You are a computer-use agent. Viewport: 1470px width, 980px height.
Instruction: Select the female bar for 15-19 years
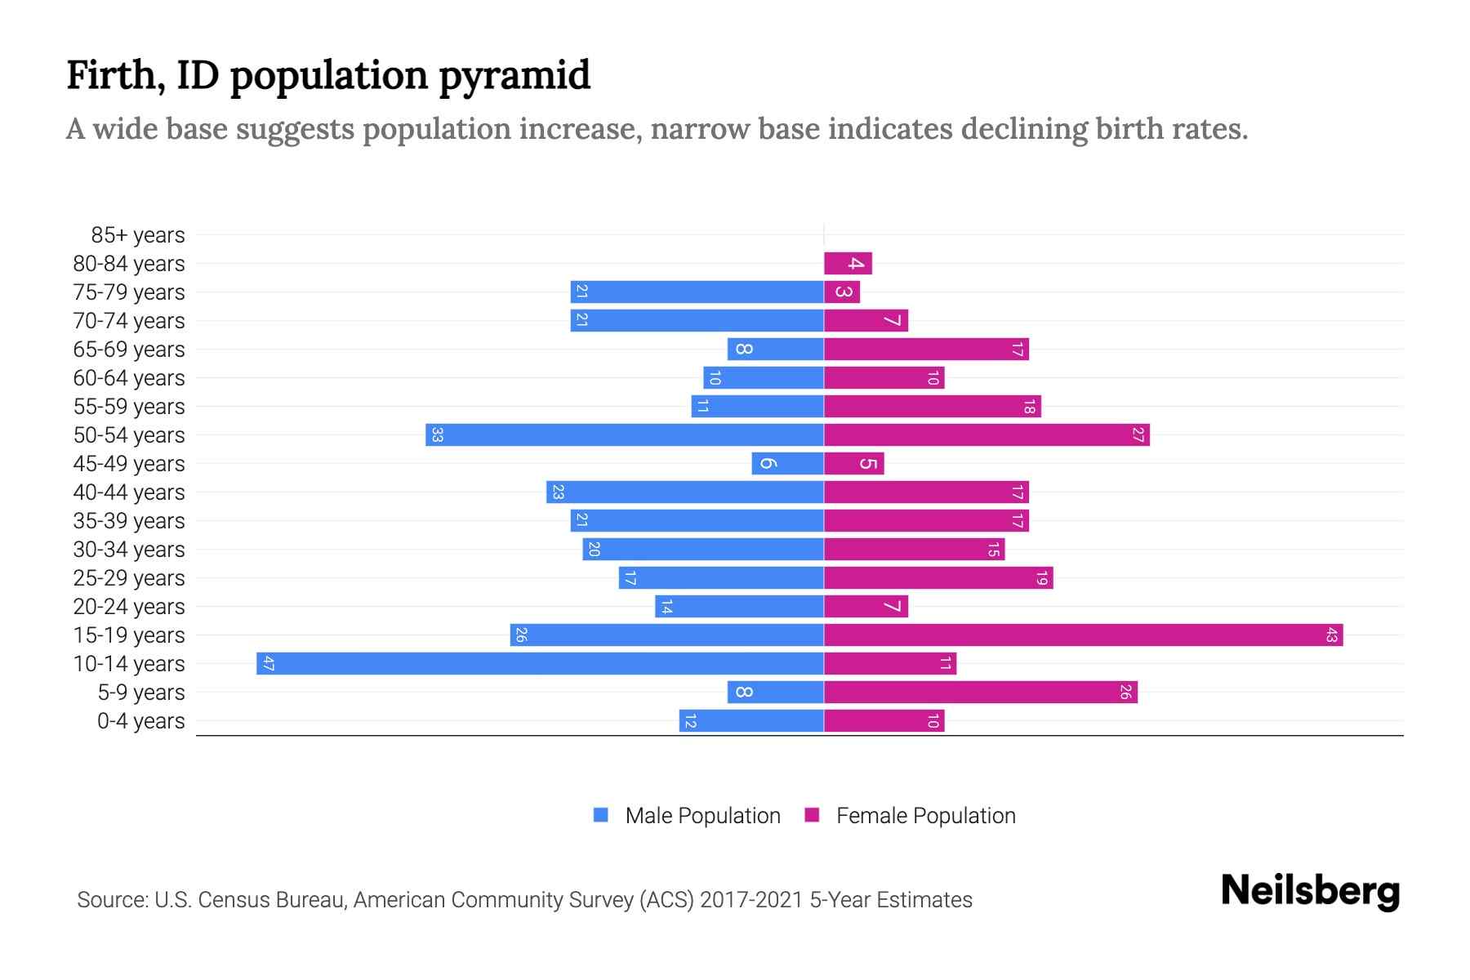pyautogui.click(x=1083, y=635)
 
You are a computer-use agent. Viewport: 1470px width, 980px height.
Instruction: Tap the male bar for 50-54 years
pyautogui.click(x=624, y=434)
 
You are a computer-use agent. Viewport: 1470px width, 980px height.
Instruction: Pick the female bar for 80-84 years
pyautogui.click(x=848, y=263)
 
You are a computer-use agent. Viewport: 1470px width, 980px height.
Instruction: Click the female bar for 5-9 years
pyautogui.click(x=980, y=692)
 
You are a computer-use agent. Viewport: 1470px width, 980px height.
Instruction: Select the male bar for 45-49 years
pyautogui.click(x=787, y=463)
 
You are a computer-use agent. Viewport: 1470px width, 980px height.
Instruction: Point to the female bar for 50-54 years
pyautogui.click(x=987, y=434)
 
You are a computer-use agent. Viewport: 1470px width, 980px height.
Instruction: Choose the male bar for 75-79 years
pyautogui.click(x=697, y=292)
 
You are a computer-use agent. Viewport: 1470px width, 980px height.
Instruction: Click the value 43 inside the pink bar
pyautogui.click(x=1331, y=635)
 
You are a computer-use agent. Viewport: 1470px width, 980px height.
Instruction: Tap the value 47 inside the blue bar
pyautogui.click(x=268, y=663)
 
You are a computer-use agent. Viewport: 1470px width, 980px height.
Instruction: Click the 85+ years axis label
pyautogui.click(x=137, y=235)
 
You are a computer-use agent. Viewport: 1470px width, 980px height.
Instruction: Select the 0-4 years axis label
pyautogui.click(x=140, y=721)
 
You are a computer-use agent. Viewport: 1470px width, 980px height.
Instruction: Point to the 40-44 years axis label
pyautogui.click(x=129, y=492)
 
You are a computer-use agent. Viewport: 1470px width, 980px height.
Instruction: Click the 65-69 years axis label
pyautogui.click(x=129, y=350)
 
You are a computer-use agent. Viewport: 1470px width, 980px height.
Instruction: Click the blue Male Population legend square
pyautogui.click(x=601, y=815)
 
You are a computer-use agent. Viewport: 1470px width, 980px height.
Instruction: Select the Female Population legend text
pyautogui.click(x=925, y=815)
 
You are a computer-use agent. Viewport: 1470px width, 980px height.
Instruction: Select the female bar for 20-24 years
pyautogui.click(x=866, y=606)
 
